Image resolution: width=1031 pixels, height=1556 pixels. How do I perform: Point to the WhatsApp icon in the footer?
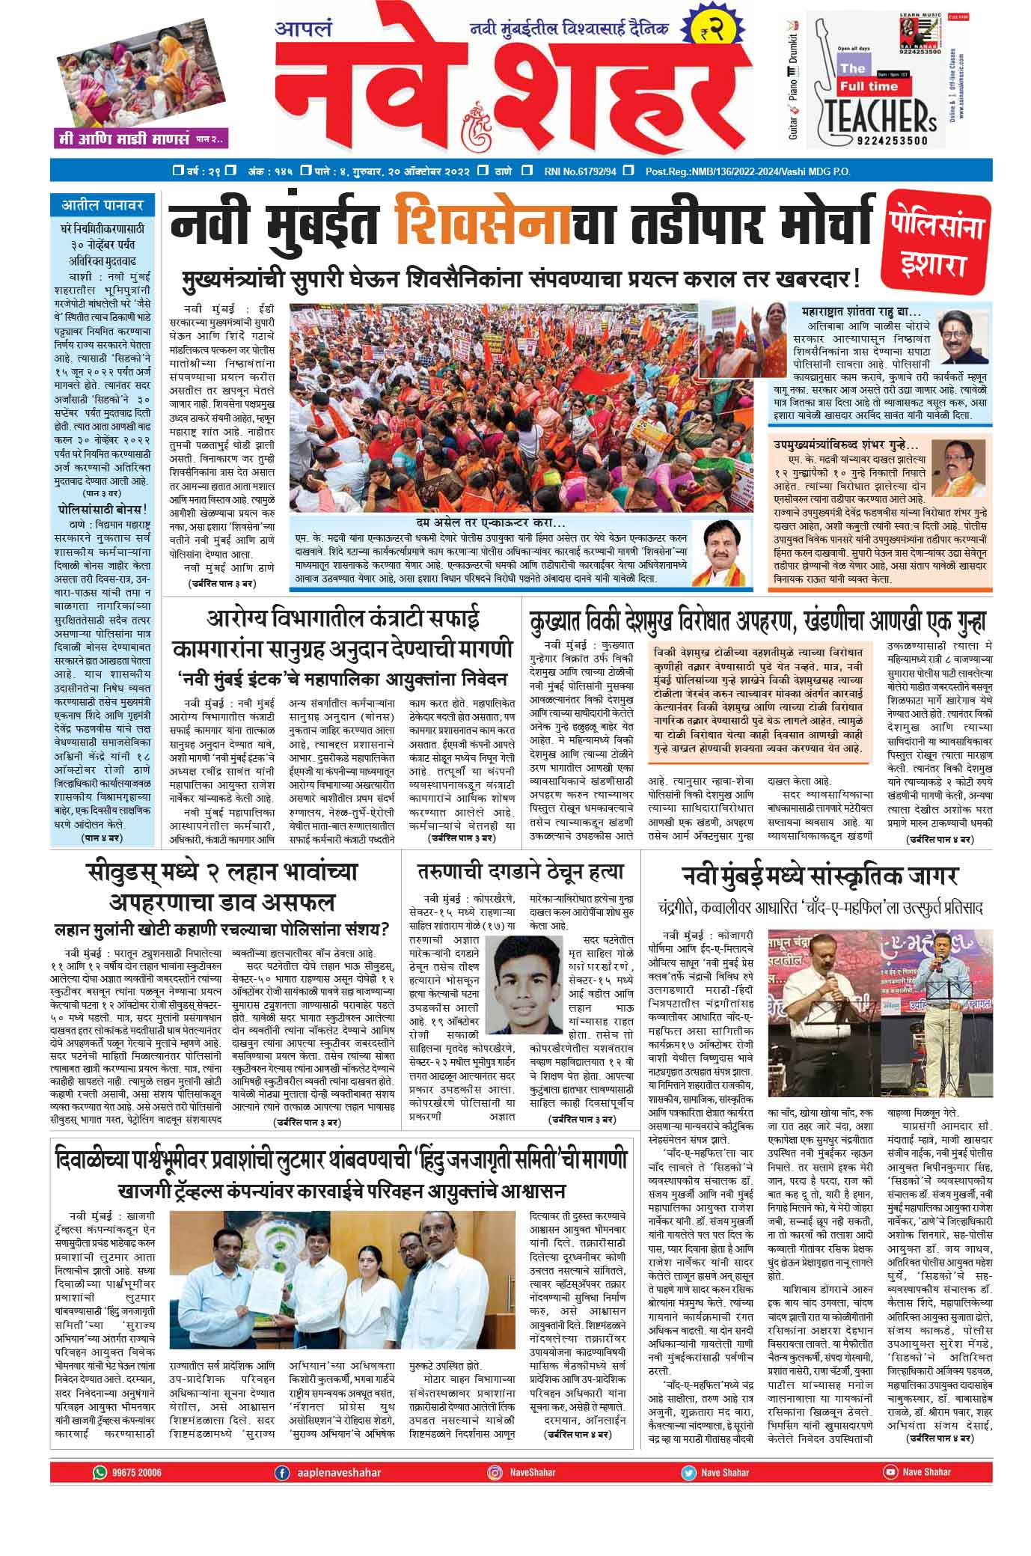pyautogui.click(x=100, y=1472)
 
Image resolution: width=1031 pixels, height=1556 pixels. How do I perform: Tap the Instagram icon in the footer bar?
pyautogui.click(x=495, y=1472)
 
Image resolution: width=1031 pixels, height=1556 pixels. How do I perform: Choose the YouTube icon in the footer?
pyautogui.click(x=890, y=1471)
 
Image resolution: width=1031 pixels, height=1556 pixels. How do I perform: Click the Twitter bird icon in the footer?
pyautogui.click(x=688, y=1472)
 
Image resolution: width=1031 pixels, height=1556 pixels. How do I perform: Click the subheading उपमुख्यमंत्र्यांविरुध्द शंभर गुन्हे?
pyautogui.click(x=841, y=445)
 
